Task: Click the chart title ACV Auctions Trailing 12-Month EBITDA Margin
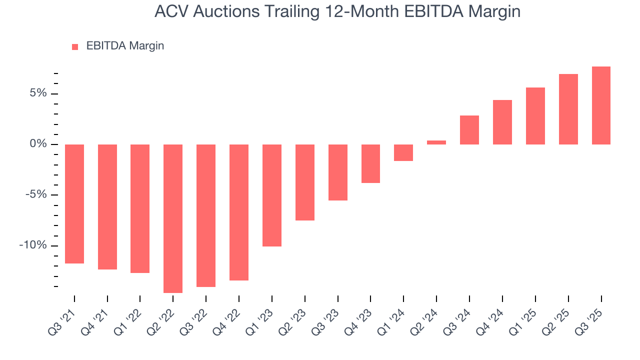click(337, 11)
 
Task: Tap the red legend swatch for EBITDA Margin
click(75, 46)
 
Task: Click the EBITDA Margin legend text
click(125, 46)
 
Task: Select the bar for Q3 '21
click(74, 203)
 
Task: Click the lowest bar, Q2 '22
click(173, 218)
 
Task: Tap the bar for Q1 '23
click(272, 195)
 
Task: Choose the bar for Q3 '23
click(337, 172)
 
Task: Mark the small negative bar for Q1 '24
click(403, 152)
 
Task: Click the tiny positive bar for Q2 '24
click(436, 142)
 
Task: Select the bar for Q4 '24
click(502, 122)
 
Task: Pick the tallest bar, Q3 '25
click(601, 105)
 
